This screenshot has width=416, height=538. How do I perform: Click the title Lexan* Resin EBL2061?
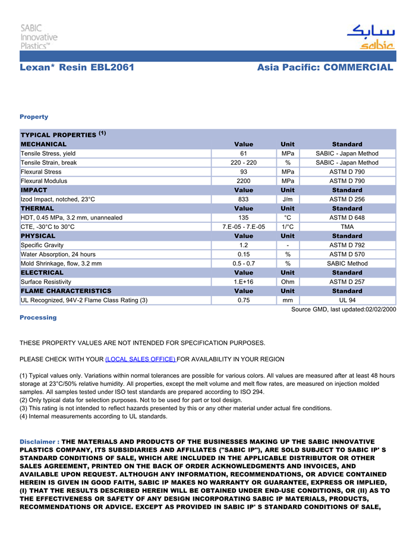tap(77, 68)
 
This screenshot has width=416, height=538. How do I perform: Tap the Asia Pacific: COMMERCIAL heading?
tap(325, 68)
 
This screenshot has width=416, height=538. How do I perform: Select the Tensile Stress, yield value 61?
tap(244, 153)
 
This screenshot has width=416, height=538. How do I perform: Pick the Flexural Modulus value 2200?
tap(244, 181)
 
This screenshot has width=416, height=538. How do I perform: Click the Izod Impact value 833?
tap(244, 199)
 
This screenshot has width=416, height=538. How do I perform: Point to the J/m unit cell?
tap(288, 199)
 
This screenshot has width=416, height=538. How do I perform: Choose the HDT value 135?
tap(244, 218)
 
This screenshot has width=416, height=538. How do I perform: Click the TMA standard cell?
tap(347, 226)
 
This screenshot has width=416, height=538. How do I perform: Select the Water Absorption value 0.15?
tap(244, 254)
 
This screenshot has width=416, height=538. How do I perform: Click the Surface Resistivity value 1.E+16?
tap(244, 282)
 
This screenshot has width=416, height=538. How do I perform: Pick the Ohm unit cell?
tap(288, 282)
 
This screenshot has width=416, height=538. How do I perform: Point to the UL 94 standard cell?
tap(347, 300)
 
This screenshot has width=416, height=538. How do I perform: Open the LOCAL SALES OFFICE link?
tap(140, 359)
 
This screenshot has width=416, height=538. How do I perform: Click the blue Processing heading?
tap(38, 317)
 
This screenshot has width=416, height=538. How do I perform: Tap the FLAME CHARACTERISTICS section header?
tap(66, 291)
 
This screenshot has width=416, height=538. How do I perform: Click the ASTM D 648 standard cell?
tap(347, 218)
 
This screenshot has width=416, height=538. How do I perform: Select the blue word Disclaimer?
tap(37, 442)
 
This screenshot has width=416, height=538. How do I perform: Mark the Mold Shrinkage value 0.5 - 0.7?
tap(244, 263)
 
